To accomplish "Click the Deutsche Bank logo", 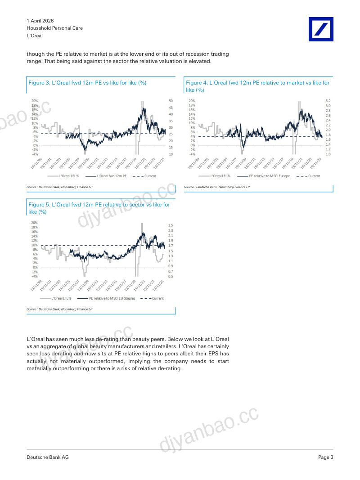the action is click(x=321, y=29).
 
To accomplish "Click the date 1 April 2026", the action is click(x=40, y=21).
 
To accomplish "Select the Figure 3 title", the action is click(x=87, y=83).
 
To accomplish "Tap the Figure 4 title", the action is click(x=257, y=86).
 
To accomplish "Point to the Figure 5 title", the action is click(x=99, y=208).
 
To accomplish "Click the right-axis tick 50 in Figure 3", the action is click(x=171, y=101).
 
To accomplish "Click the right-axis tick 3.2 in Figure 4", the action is click(x=328, y=101).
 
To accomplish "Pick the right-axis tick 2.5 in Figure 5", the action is click(x=171, y=225).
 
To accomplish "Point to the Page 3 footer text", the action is click(x=326, y=458).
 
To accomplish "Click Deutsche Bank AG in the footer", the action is click(x=48, y=458).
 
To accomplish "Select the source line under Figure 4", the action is click(x=217, y=187).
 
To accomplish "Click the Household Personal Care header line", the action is click(x=55, y=28).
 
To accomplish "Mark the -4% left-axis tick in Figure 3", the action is click(x=35, y=154).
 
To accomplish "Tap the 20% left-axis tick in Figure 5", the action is click(x=34, y=223).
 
